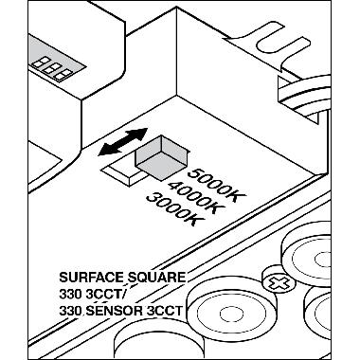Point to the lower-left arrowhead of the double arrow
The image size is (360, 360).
[103, 153]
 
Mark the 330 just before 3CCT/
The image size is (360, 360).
[71, 294]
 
